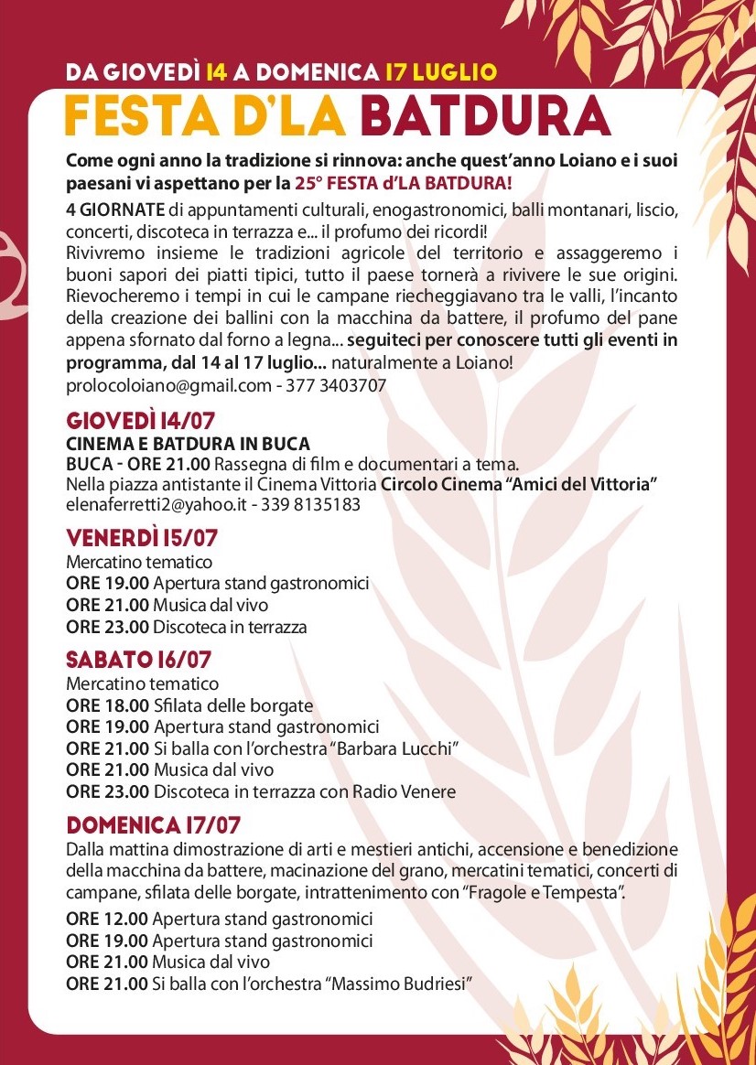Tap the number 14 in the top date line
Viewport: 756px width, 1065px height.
(217, 71)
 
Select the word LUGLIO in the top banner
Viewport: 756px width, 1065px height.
(455, 71)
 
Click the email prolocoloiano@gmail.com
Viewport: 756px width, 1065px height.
(169, 385)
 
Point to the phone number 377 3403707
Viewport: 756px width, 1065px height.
(336, 385)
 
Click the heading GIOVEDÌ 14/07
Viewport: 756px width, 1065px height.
(140, 421)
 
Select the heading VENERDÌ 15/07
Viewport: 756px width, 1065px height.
(142, 537)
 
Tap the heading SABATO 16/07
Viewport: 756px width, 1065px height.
(139, 659)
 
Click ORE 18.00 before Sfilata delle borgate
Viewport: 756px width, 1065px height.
(107, 705)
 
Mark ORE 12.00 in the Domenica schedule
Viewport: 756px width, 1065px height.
(107, 919)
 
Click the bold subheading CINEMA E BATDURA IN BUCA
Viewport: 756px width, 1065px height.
(188, 444)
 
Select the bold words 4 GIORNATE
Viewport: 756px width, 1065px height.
(116, 210)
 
